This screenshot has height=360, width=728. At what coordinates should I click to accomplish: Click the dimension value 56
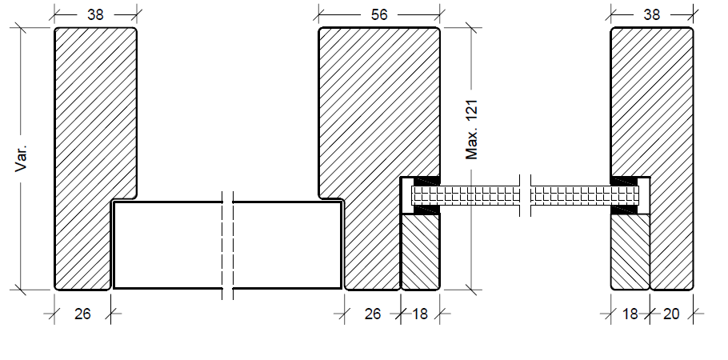379,14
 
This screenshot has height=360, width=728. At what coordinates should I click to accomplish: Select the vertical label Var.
22,158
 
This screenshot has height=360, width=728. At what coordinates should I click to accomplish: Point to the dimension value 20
671,314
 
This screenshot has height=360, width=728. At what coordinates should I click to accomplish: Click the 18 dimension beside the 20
630,314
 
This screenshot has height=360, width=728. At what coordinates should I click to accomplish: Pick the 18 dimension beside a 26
420,314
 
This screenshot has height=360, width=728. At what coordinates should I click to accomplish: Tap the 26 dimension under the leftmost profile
82,314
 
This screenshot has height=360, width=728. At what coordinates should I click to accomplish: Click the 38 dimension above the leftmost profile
94,14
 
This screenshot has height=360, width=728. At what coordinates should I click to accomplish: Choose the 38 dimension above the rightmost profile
652,14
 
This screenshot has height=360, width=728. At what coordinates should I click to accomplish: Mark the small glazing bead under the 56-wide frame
420,252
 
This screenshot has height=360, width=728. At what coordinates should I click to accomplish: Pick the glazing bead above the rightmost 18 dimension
630,252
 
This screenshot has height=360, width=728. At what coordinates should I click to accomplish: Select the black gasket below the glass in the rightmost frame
624,210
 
